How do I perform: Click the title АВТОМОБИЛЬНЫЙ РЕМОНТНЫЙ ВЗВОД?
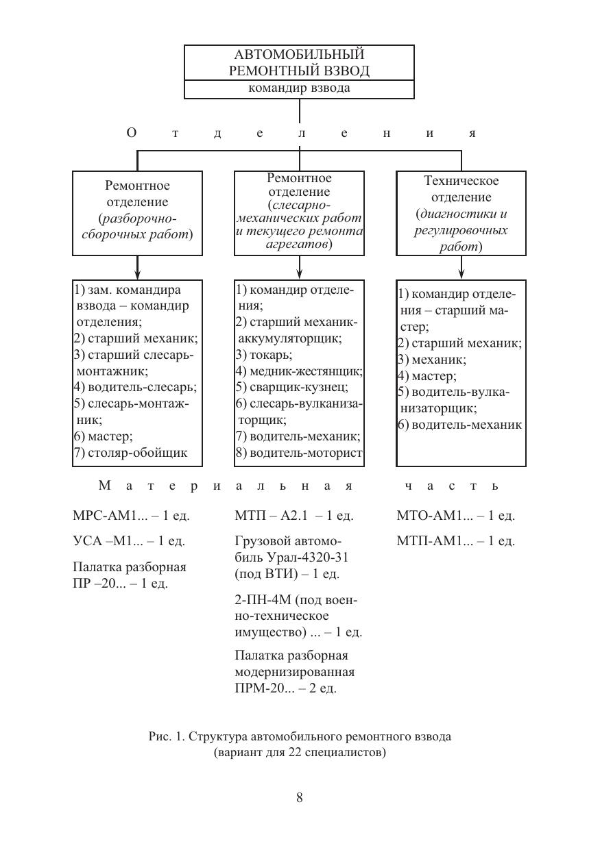click(x=299, y=62)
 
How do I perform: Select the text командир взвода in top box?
click(x=299, y=88)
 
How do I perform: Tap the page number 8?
click(x=300, y=797)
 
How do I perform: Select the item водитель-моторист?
click(x=305, y=453)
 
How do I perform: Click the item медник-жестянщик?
click(x=305, y=371)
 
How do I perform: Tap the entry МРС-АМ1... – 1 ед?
click(x=130, y=516)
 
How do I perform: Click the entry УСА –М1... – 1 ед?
click(x=128, y=541)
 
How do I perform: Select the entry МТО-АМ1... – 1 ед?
click(x=455, y=516)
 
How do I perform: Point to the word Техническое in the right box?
click(x=461, y=182)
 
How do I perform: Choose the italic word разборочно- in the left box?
click(x=137, y=219)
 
